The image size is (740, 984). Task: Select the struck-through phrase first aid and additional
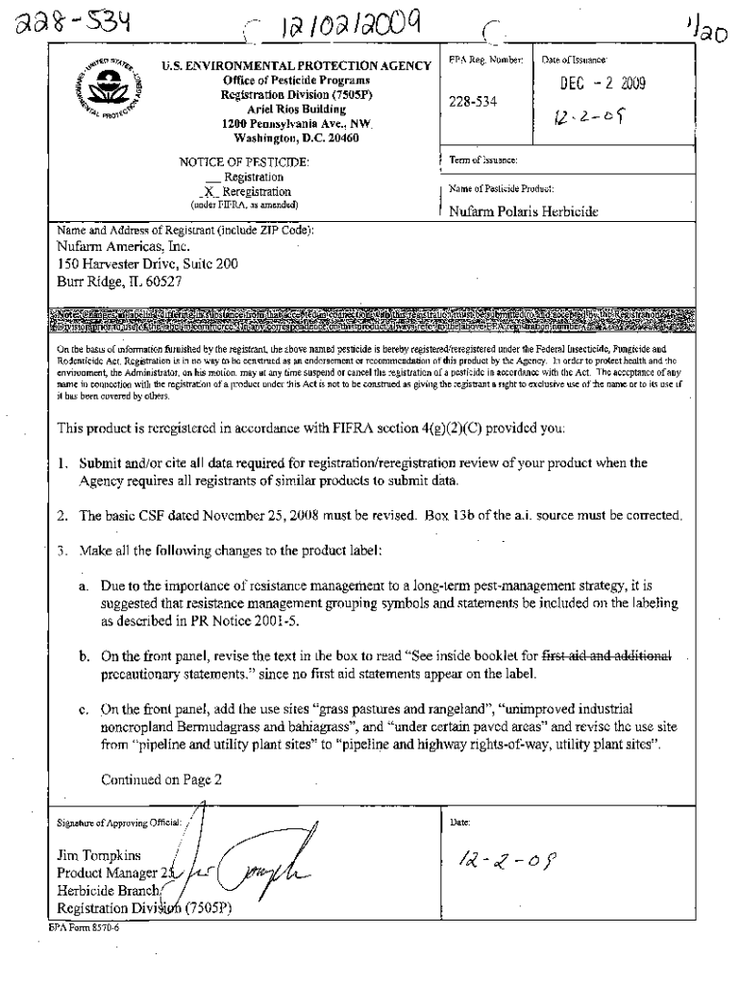click(x=615, y=655)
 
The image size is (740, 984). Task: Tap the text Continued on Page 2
click(x=161, y=779)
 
